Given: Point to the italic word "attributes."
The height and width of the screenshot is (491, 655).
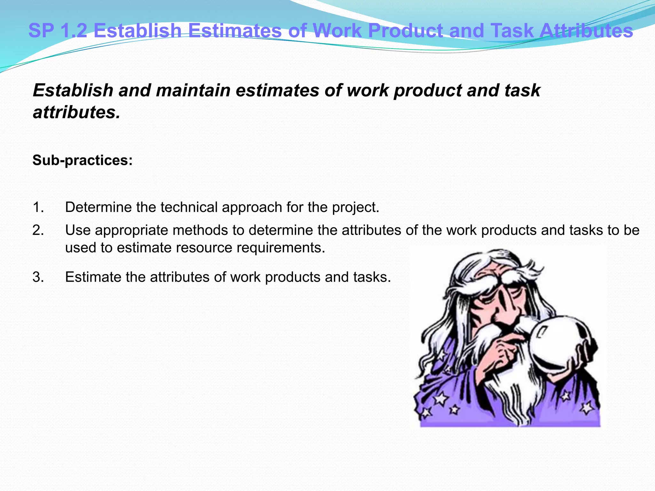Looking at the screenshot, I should tap(76, 113).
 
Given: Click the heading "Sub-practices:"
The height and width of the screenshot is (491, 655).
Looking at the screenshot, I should tap(83, 160).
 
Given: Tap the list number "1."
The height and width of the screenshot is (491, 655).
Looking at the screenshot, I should tap(38, 207).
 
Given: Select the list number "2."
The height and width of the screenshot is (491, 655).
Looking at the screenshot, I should tap(38, 230).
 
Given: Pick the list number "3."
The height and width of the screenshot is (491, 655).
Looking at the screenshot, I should tap(38, 277).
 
